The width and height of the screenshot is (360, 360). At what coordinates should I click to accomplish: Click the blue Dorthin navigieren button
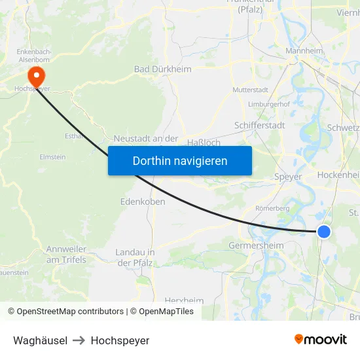pyautogui.click(x=180, y=160)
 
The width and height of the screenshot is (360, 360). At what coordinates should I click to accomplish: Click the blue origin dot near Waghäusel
pyautogui.click(x=324, y=231)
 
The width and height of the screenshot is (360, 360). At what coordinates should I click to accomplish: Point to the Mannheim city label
pyautogui.click(x=304, y=50)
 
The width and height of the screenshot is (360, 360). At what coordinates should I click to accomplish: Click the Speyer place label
pyautogui.click(x=288, y=177)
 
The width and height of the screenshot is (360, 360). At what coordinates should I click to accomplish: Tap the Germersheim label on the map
pyautogui.click(x=256, y=245)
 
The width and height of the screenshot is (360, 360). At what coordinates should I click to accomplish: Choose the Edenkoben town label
pyautogui.click(x=143, y=202)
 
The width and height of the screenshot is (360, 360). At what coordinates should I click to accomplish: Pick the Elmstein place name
pyautogui.click(x=53, y=157)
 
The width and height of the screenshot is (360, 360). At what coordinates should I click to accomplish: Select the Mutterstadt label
pyautogui.click(x=251, y=89)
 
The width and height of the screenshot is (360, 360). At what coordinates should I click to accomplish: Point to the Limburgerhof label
pyautogui.click(x=270, y=104)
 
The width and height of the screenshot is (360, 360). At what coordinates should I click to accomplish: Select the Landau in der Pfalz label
pyautogui.click(x=134, y=257)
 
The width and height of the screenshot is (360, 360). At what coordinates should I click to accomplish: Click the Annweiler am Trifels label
pyautogui.click(x=66, y=254)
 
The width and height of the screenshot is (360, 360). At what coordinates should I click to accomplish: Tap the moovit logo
pyautogui.click(x=320, y=339)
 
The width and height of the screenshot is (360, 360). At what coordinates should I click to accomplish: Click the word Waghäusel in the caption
pyautogui.click(x=40, y=340)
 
